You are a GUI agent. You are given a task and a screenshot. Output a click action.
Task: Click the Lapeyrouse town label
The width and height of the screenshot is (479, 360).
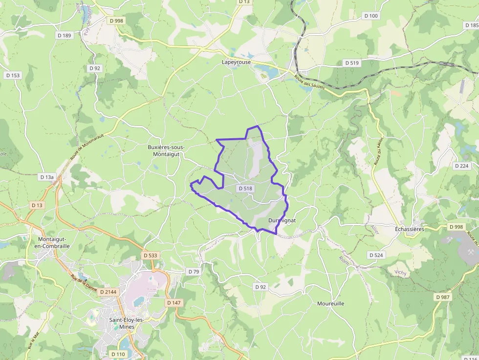pyautogui.click(x=237, y=62)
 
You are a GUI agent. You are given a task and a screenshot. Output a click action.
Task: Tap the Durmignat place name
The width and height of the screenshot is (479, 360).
pyautogui.click(x=282, y=220)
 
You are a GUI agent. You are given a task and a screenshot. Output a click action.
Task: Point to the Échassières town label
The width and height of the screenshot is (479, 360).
pyautogui.click(x=409, y=229)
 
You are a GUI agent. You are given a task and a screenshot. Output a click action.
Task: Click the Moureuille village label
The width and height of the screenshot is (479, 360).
pyautogui.click(x=330, y=303)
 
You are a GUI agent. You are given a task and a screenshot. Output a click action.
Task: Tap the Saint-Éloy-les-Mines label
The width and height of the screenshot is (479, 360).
pyautogui.click(x=126, y=323)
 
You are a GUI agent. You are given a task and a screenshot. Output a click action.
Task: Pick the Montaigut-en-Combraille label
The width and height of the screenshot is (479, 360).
pyautogui.click(x=54, y=242)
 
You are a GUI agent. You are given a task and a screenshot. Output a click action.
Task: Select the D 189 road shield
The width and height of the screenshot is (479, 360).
pyautogui.click(x=64, y=35)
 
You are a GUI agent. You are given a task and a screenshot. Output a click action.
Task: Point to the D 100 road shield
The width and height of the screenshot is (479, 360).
pyautogui.click(x=371, y=16)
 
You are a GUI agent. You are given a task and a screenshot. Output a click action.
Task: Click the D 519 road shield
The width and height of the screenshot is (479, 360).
pyautogui.click(x=352, y=63)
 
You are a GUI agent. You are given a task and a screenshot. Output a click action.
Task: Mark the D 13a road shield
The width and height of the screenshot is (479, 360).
pyautogui.click(x=47, y=177)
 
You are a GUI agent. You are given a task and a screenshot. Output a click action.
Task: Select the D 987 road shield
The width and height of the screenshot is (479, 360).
pyautogui.click(x=443, y=296)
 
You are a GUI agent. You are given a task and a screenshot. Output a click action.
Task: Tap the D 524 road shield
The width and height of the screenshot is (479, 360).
pyautogui.click(x=376, y=255)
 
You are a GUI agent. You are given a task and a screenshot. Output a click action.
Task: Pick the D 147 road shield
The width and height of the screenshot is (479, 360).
pyautogui.click(x=174, y=303)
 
